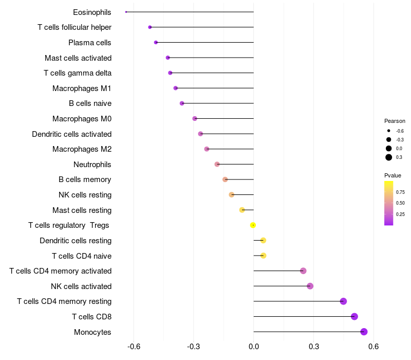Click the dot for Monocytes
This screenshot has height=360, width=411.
point(364,332)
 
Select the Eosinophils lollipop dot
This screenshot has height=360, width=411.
point(126,12)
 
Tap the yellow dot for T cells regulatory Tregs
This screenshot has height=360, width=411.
point(253,225)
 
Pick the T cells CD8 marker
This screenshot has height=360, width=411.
point(354,316)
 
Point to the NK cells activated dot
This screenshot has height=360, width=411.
point(310,286)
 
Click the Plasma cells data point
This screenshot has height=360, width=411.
point(156,42)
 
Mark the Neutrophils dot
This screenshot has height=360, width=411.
point(217,164)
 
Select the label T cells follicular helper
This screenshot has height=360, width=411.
point(74,27)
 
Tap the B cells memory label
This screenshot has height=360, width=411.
point(85,179)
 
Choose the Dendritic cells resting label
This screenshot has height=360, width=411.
point(76,241)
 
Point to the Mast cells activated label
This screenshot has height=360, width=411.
point(78,58)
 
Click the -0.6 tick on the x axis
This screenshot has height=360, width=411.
point(134,346)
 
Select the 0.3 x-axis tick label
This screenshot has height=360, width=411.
point(313,346)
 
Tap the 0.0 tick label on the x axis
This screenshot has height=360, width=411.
point(254,346)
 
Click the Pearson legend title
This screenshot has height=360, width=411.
point(395,121)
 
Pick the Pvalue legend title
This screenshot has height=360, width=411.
point(393,175)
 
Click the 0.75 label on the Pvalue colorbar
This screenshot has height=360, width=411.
point(400,192)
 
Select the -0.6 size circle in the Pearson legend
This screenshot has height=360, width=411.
point(389,131)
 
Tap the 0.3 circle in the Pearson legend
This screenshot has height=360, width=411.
point(389,157)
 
